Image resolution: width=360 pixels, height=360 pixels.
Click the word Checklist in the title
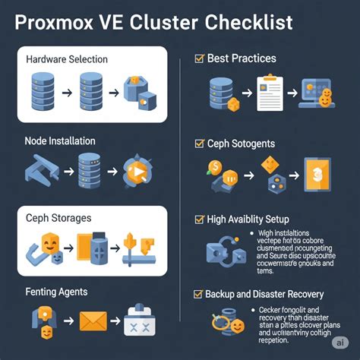pos(247,23)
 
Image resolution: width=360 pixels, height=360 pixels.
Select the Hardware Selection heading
pos(67,59)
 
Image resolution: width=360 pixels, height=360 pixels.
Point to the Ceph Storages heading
pos(58,218)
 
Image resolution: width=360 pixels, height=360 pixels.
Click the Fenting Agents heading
pos(56,291)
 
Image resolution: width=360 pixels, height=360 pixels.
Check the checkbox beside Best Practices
pos(199,58)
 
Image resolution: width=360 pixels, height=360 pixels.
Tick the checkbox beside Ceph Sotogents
pos(199,142)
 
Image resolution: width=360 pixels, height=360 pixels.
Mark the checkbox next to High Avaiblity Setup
pos(199,219)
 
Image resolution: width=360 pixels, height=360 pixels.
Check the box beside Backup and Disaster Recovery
pos(199,294)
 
